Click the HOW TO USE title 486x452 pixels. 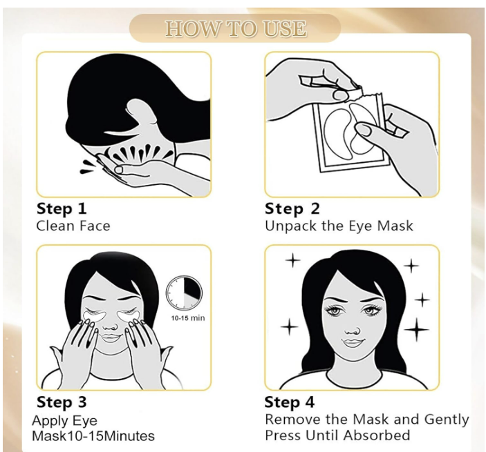[236, 29]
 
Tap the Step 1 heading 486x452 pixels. [62, 209]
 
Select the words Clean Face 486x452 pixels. [73, 226]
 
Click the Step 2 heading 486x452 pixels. [292, 209]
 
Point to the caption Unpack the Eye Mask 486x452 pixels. [339, 226]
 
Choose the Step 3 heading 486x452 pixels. [62, 402]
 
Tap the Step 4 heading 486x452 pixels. [290, 402]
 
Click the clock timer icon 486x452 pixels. [184, 293]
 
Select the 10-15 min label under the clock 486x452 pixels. [188, 317]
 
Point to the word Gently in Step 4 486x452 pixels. [447, 420]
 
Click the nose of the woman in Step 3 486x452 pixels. [110, 326]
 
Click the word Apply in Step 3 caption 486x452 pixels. [50, 422]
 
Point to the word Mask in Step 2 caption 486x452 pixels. [395, 226]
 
